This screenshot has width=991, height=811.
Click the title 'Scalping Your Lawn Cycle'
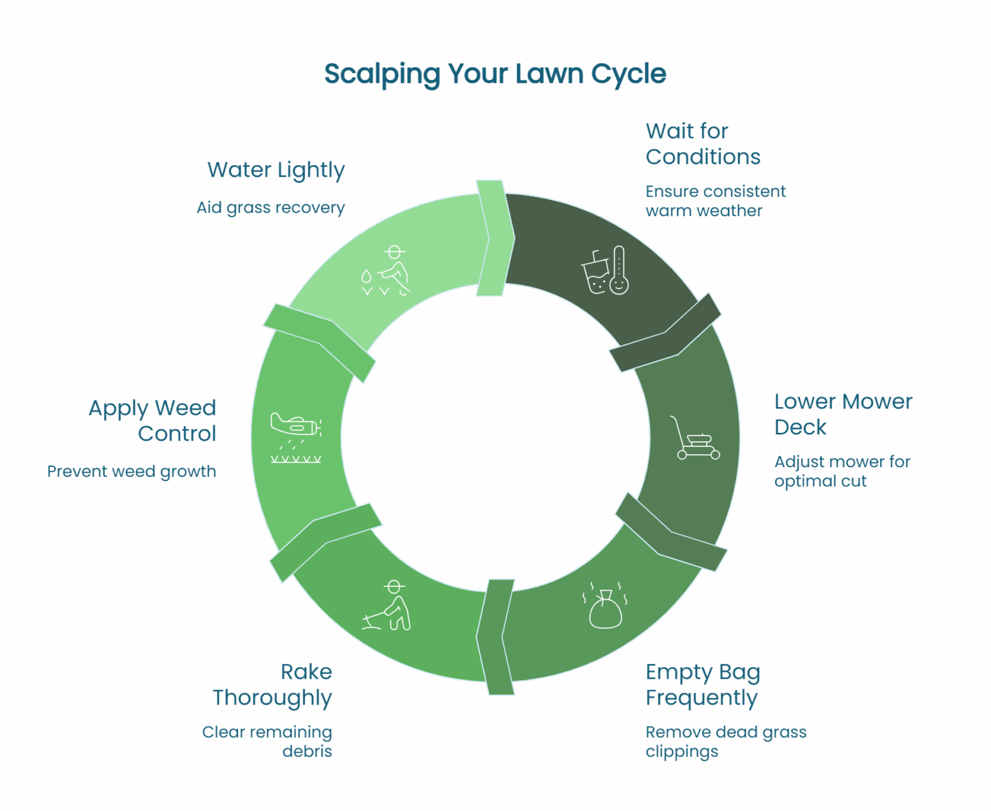pos(495,74)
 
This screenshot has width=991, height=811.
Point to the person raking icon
pos(386,605)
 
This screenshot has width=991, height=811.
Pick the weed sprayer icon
pos(296,437)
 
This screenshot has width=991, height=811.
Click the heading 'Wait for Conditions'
pos(703,144)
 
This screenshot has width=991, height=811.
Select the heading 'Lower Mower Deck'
pos(843,414)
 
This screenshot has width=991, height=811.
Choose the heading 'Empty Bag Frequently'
pos(703,685)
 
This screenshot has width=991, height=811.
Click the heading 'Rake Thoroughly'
pos(272,685)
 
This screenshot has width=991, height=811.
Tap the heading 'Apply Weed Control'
pos(153,421)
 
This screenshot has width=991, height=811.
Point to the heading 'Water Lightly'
pos(276,170)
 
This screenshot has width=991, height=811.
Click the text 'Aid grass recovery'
pos(271,208)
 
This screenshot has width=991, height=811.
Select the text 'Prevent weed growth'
pos(132,471)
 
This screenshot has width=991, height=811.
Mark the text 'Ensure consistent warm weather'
pos(715,201)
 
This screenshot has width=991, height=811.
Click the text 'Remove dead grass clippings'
pos(726,741)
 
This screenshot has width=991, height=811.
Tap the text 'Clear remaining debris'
pos(267,741)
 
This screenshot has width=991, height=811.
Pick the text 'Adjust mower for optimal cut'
pos(842,471)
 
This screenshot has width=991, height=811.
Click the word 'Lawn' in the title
pos(549,74)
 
